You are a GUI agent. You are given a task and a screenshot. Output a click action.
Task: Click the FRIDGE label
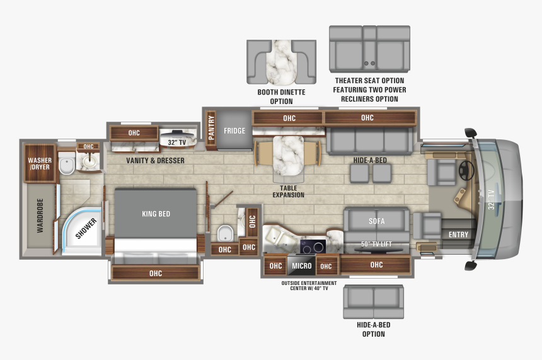point(234,131)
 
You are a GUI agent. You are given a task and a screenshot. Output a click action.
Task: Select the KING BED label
point(156,214)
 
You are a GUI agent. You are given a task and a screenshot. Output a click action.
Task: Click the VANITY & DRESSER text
point(155,161)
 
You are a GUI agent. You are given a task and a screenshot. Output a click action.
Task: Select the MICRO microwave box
point(301,266)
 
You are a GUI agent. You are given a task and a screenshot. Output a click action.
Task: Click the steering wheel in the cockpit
point(467,169)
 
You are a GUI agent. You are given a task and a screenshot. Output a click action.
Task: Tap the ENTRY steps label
point(458,235)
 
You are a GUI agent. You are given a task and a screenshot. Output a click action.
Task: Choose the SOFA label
point(376,221)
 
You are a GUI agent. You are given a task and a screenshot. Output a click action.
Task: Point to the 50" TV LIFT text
point(376,245)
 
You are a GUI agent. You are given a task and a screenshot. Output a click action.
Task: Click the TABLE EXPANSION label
point(288,191)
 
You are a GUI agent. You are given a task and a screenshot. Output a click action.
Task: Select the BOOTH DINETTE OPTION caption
point(281,96)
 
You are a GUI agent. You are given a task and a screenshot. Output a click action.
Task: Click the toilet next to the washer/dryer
point(67,165)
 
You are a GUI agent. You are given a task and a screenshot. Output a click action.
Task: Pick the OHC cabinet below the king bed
point(156,273)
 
